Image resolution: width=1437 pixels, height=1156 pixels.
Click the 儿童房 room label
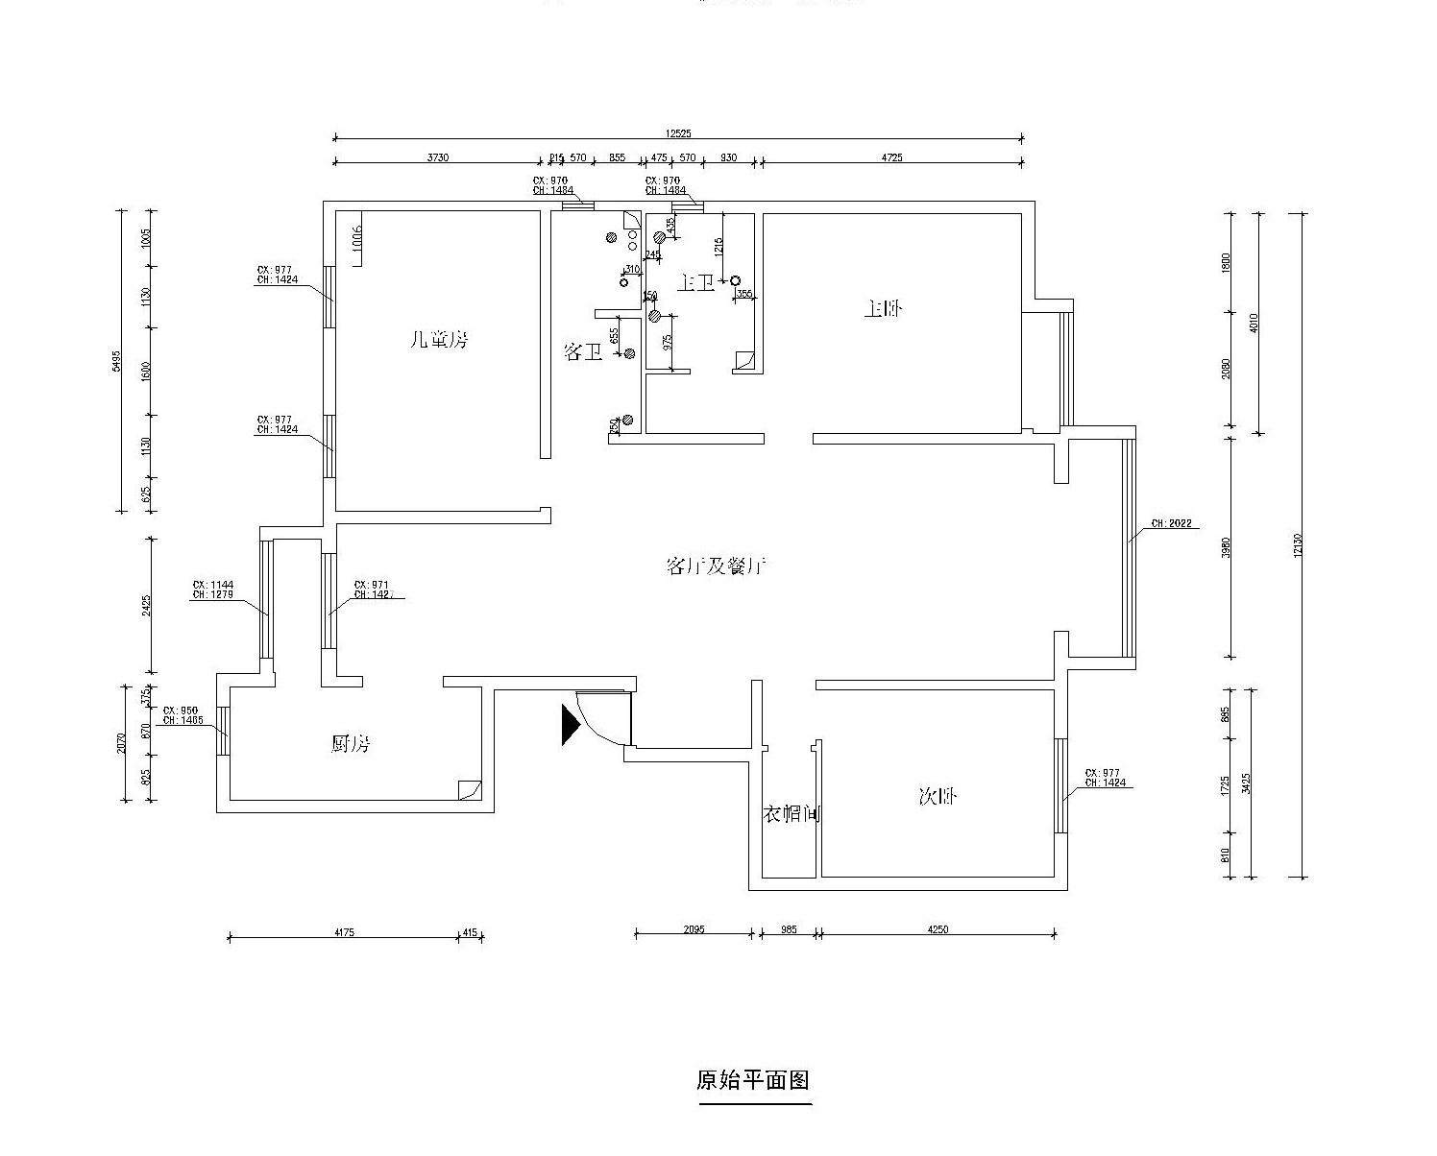(x=438, y=339)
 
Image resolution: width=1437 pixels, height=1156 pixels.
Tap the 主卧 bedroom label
(x=884, y=309)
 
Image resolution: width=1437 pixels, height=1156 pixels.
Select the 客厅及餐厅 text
(x=716, y=566)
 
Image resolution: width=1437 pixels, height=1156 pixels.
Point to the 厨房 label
(x=351, y=743)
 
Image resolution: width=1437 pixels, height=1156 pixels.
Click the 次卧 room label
(x=938, y=796)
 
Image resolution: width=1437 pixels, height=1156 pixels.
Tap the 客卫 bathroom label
(x=582, y=352)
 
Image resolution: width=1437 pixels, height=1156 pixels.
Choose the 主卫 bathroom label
(x=696, y=282)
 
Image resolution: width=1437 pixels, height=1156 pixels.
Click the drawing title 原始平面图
(x=753, y=1080)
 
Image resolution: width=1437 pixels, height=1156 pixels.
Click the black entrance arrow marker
(x=571, y=724)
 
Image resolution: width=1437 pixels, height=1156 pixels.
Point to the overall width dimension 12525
(x=677, y=133)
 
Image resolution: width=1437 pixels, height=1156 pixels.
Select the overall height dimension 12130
(x=1298, y=544)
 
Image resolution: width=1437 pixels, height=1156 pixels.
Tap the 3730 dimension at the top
(x=437, y=157)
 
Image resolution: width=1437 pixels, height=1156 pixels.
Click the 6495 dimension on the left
(x=116, y=360)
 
